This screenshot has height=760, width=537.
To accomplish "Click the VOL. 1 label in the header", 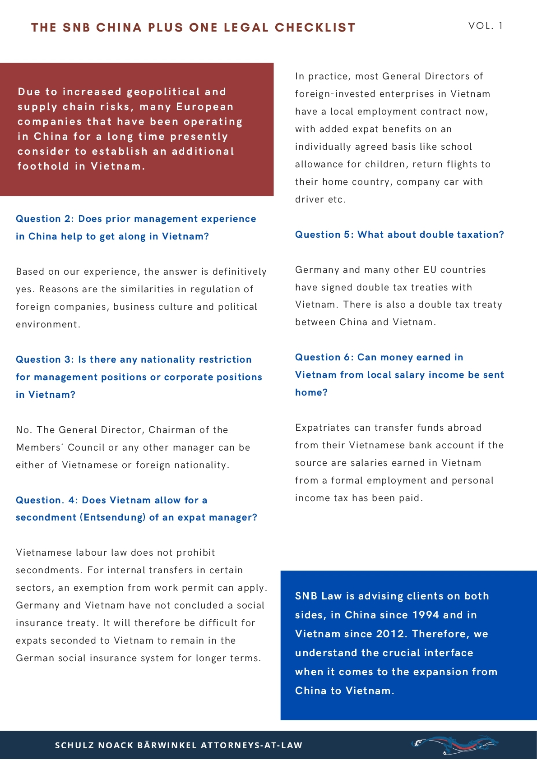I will pyautogui.click(x=486, y=26).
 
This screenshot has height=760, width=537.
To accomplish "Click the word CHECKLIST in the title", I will pyautogui.click(x=315, y=28).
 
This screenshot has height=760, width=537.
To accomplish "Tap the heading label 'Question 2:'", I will pyautogui.click(x=45, y=219).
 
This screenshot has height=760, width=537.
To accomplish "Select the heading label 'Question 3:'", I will pyautogui.click(x=45, y=359).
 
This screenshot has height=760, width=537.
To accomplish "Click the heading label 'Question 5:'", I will pyautogui.click(x=324, y=235).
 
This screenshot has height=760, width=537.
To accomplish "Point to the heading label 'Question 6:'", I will pyautogui.click(x=324, y=357).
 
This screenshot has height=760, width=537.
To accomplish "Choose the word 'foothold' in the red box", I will pyautogui.click(x=43, y=166).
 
